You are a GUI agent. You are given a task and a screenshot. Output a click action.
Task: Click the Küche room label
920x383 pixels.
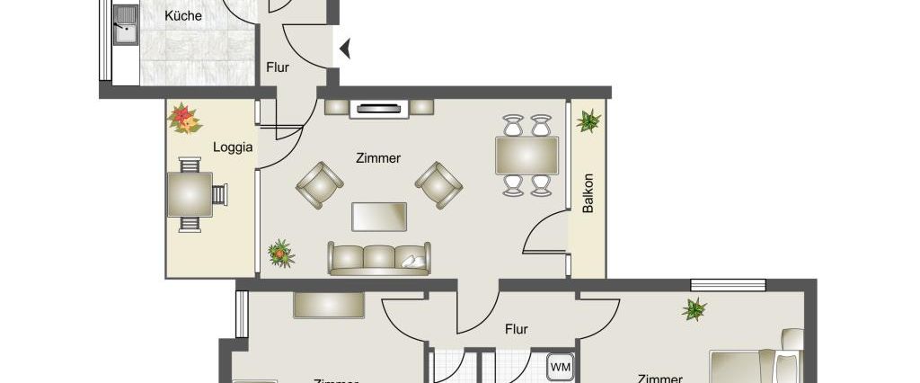(x=184, y=16)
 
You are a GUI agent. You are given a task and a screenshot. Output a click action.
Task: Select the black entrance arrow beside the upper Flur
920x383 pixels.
(x=343, y=48)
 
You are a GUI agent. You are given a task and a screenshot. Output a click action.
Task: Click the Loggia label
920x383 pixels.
(x=232, y=147)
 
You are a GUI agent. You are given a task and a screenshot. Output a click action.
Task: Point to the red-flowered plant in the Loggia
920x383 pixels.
(x=184, y=118)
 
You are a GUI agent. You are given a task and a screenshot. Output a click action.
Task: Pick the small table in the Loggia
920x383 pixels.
(x=190, y=194)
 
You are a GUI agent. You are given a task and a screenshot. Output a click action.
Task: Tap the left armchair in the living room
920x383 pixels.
(x=319, y=183)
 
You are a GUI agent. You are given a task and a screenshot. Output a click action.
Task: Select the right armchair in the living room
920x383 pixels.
(x=439, y=183)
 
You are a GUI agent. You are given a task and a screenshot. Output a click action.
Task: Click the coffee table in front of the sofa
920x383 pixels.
(x=379, y=217)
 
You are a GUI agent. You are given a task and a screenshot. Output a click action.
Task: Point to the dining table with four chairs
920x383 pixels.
(x=526, y=155)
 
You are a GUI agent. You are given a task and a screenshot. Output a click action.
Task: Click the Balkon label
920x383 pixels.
(x=588, y=192)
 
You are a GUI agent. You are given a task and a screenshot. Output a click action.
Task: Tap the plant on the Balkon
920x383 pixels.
(x=590, y=120)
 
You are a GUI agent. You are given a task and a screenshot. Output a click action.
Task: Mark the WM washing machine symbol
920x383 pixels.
(x=561, y=367)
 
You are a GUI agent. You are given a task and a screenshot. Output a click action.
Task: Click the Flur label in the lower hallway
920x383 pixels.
(x=516, y=329)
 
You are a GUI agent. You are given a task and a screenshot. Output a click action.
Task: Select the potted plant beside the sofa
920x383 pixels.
(x=281, y=254)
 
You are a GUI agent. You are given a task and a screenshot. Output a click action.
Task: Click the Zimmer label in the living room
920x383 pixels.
(x=377, y=158)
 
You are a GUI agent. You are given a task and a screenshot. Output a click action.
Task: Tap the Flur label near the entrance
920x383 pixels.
(x=277, y=67)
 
